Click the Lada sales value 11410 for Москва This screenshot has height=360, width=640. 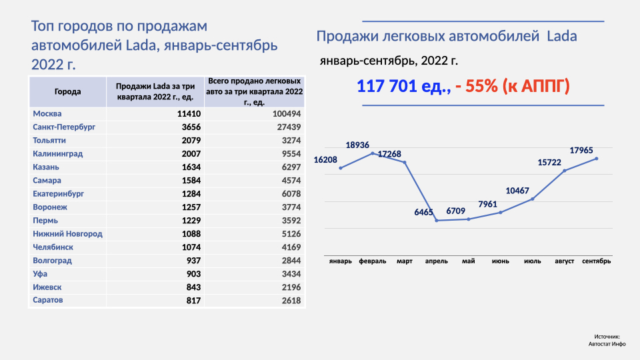[189, 114]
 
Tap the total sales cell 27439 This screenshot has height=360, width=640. [287, 127]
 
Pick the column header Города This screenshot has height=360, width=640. [67, 92]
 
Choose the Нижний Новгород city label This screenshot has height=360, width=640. [67, 234]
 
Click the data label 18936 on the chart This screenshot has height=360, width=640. [357, 145]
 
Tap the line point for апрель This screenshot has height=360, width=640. [437, 221]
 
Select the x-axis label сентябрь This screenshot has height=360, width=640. [596, 261]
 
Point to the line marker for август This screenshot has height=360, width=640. [565, 171]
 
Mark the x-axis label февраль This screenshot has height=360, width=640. [373, 261]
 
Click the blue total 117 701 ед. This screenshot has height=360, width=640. [404, 86]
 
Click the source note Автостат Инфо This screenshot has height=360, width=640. [607, 344]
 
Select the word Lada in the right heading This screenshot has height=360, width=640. [561, 37]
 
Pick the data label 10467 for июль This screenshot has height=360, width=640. [517, 191]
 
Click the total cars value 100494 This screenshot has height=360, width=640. [287, 114]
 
